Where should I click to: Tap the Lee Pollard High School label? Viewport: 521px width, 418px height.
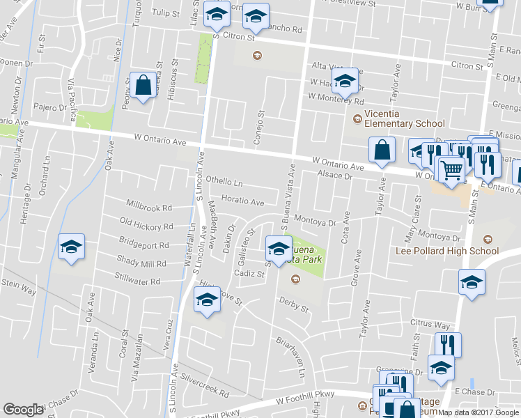click(446, 251)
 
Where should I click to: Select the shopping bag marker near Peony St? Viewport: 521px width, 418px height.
click(143, 86)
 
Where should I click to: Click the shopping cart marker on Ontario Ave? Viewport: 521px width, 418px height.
click(451, 169)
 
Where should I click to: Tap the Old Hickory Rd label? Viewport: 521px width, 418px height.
click(146, 226)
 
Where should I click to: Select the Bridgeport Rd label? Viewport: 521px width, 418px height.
click(144, 245)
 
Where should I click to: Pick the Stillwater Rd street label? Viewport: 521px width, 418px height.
click(137, 282)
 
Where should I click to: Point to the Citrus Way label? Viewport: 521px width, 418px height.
click(430, 325)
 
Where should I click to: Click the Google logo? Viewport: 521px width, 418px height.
click(23, 410)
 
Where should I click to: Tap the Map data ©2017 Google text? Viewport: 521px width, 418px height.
click(479, 412)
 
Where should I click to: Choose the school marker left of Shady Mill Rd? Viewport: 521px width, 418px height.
click(71, 248)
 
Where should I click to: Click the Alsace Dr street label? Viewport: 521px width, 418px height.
click(334, 176)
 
